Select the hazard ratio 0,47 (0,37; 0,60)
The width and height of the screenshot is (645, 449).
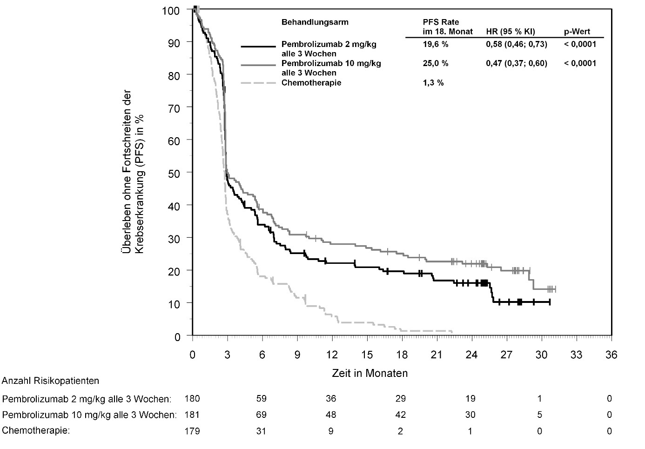tap(516, 63)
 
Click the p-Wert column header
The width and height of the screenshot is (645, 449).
tap(577, 32)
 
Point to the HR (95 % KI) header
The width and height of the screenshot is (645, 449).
tap(510, 32)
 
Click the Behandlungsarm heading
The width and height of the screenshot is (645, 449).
tap(315, 22)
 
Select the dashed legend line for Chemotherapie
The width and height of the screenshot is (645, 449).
tap(258, 83)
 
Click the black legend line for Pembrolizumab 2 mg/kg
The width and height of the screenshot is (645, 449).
tap(258, 47)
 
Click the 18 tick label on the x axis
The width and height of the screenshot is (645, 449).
tap(402, 355)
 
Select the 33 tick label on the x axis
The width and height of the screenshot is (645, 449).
tap(576, 355)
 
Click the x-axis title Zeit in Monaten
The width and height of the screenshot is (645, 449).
tap(370, 373)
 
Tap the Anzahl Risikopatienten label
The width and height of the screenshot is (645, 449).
tap(51, 381)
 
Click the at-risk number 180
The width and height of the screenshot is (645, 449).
tap(192, 399)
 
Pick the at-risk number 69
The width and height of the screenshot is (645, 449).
tap(261, 415)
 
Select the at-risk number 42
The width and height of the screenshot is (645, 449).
tap(400, 415)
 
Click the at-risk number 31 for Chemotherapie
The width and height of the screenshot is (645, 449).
tap(261, 431)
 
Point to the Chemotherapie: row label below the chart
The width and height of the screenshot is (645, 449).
tap(36, 431)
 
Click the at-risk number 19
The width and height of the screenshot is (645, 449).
tap(470, 399)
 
